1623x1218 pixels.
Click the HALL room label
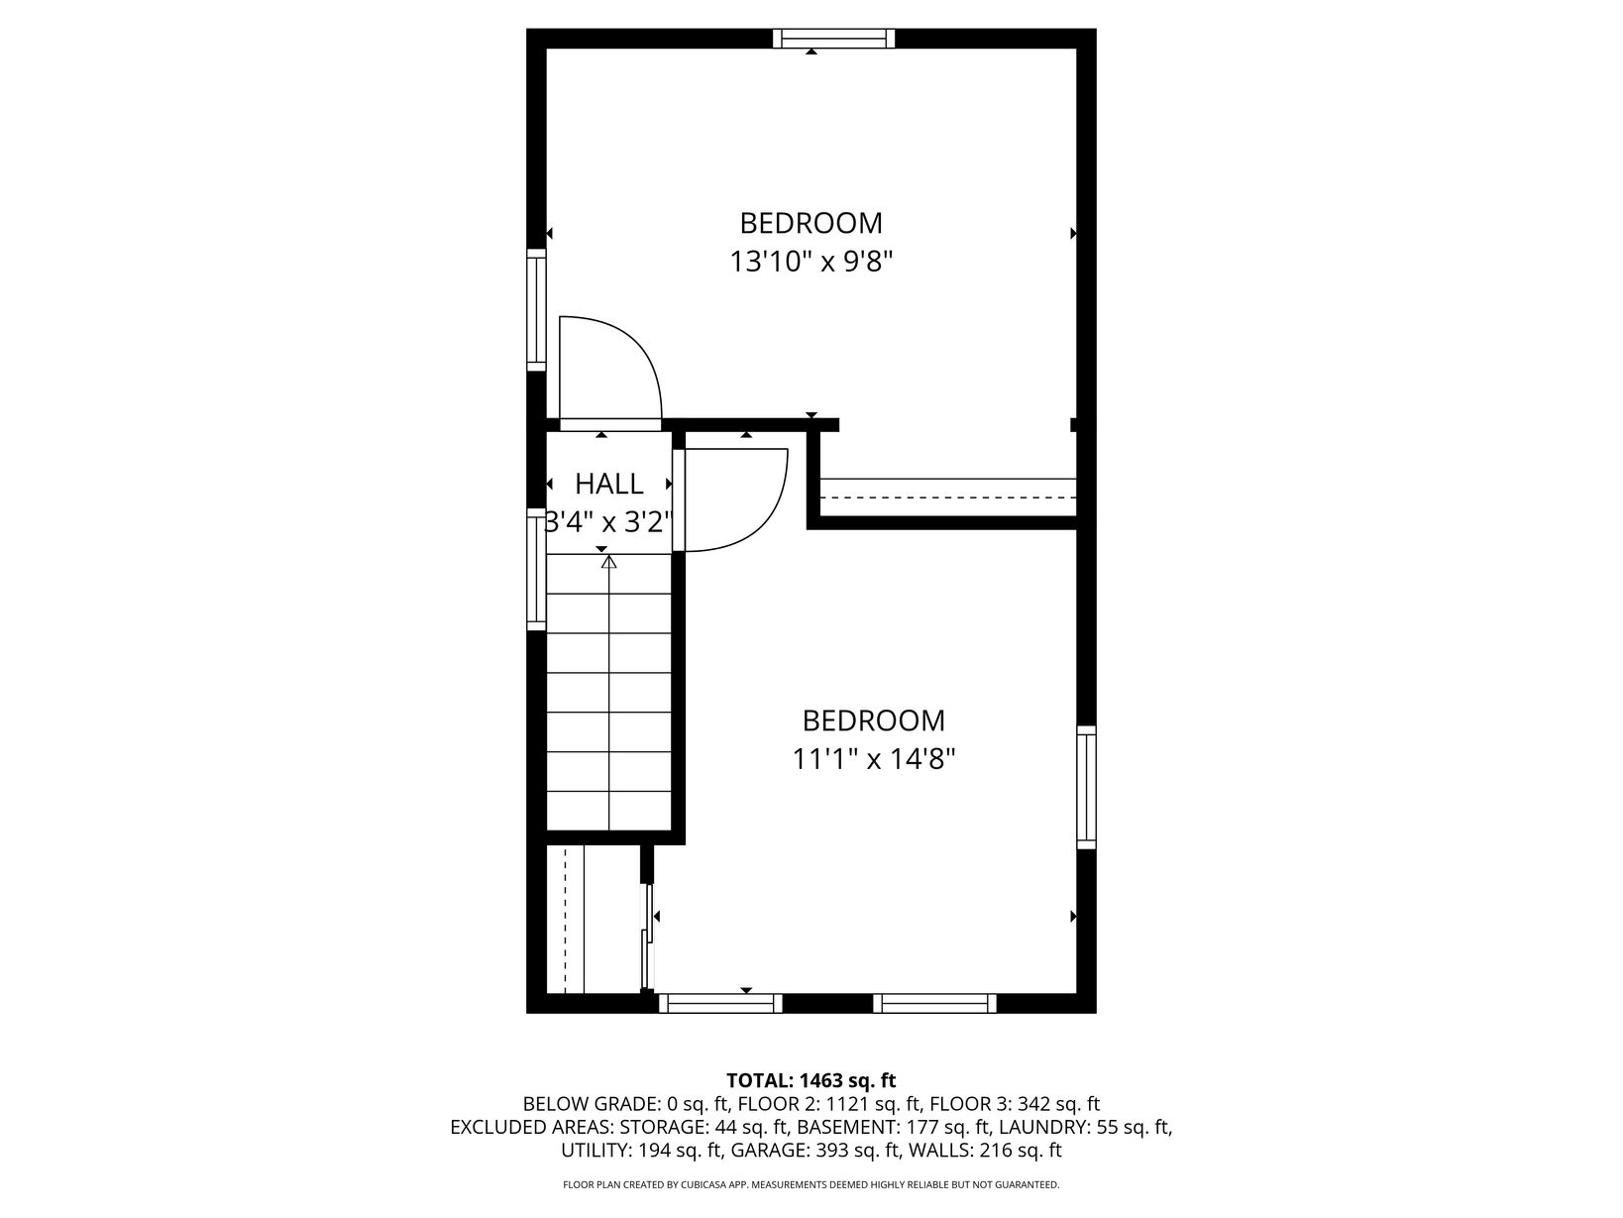[x=608, y=484]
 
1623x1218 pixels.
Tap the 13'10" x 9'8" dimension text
[x=811, y=261]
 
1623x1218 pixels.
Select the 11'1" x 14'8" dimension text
[x=874, y=759]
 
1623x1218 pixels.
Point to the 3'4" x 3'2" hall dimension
[x=608, y=522]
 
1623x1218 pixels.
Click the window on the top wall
[x=833, y=39]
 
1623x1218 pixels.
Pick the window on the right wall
[x=1085, y=787]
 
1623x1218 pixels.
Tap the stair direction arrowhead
[x=608, y=562]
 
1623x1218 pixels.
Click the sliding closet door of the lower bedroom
[x=648, y=937]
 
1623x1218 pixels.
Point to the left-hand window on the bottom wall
[x=720, y=1003]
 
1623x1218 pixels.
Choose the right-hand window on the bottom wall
[x=934, y=1003]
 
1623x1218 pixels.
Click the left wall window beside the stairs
[x=536, y=569]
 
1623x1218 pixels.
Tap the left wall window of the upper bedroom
[x=536, y=310]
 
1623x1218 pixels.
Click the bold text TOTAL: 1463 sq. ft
[x=811, y=1080]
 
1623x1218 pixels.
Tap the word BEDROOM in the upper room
[x=811, y=223]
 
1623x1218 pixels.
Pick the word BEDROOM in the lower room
[x=874, y=720]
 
